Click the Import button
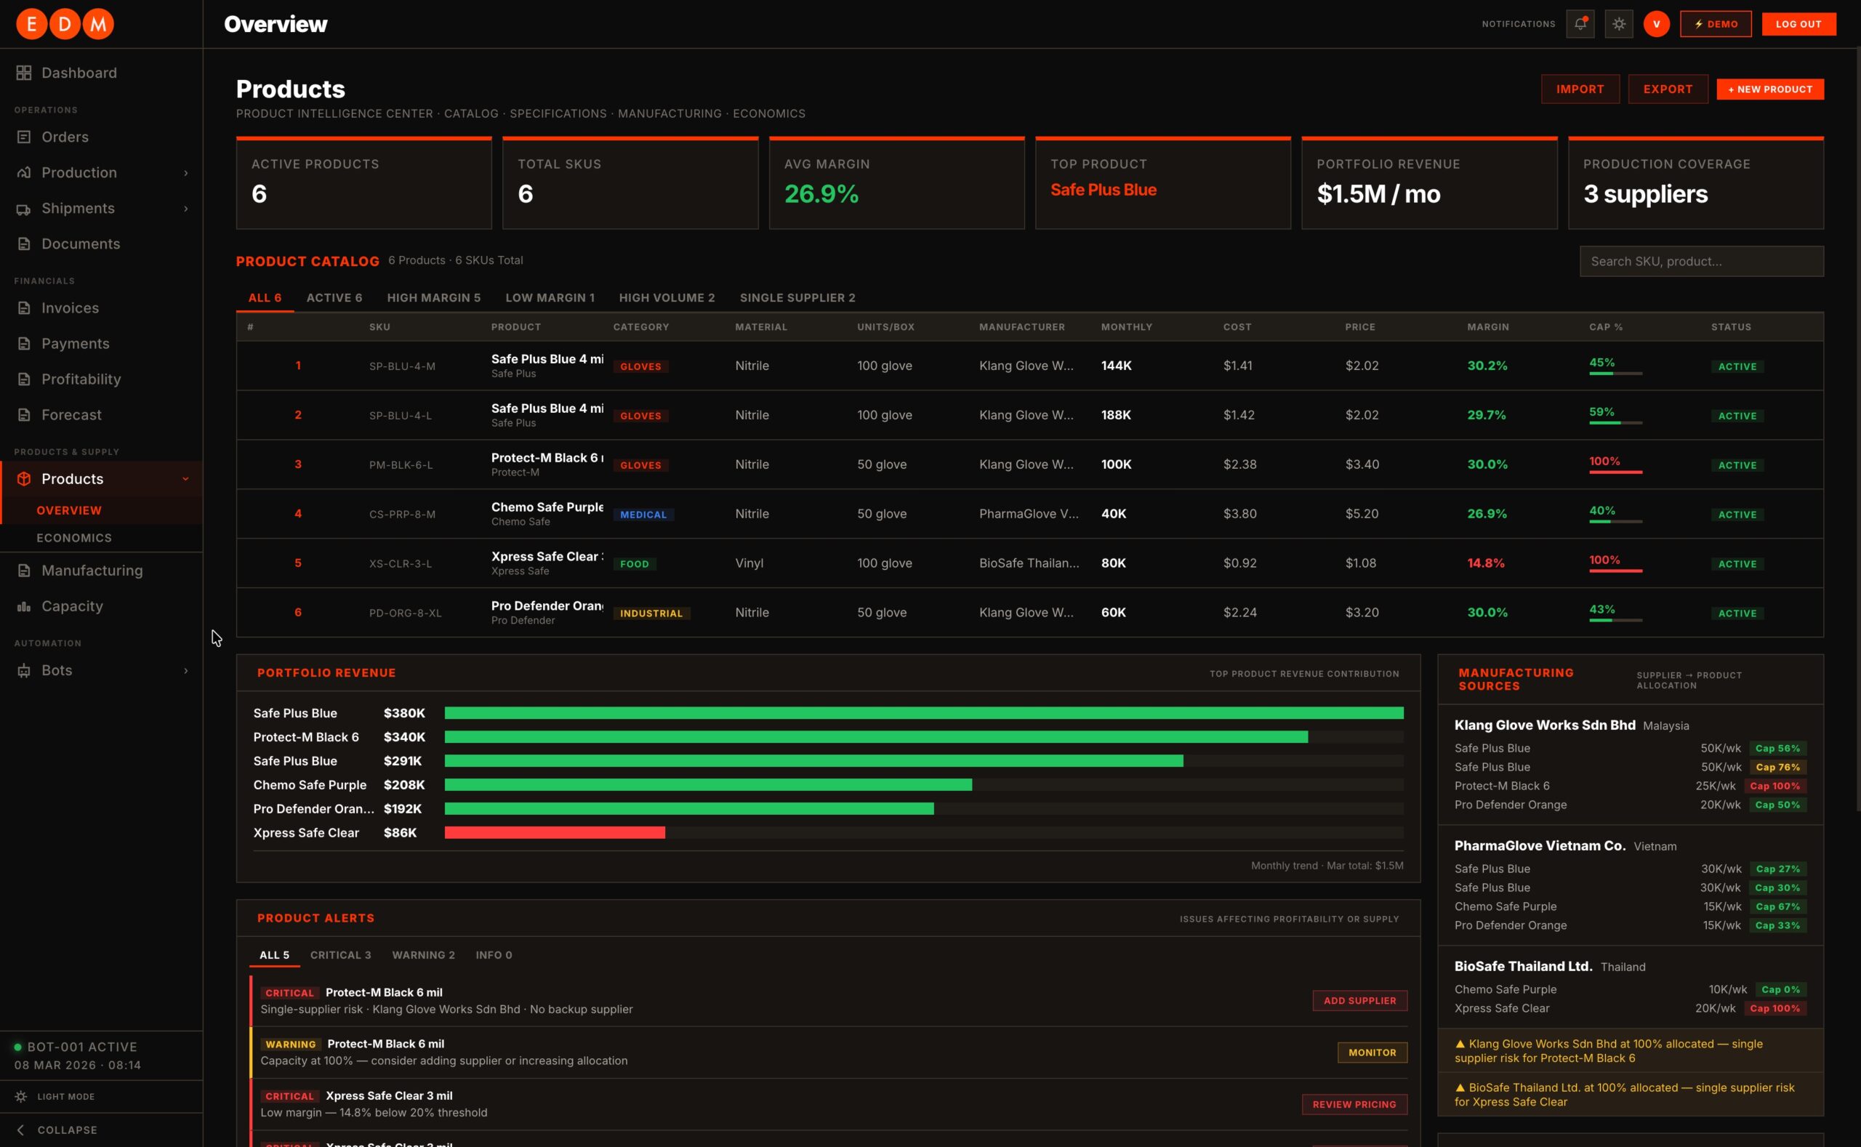pyautogui.click(x=1580, y=89)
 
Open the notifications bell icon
pyautogui.click(x=1580, y=23)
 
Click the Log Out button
pyautogui.click(x=1798, y=23)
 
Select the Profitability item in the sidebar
pyautogui.click(x=81, y=379)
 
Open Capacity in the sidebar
pyautogui.click(x=72, y=606)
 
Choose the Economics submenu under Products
pyautogui.click(x=74, y=538)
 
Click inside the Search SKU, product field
pyautogui.click(x=1702, y=261)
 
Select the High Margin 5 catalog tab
pyautogui.click(x=434, y=297)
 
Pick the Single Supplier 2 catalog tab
pyautogui.click(x=797, y=297)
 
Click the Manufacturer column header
pyautogui.click(x=1022, y=327)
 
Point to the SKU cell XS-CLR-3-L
pyautogui.click(x=401, y=563)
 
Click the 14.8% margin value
pyautogui.click(x=1485, y=563)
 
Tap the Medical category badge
pyautogui.click(x=643, y=515)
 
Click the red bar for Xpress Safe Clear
pyautogui.click(x=555, y=833)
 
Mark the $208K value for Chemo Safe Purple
pyautogui.click(x=404, y=784)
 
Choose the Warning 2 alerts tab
pyautogui.click(x=423, y=955)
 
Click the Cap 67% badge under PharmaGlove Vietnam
pyautogui.click(x=1777, y=906)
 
